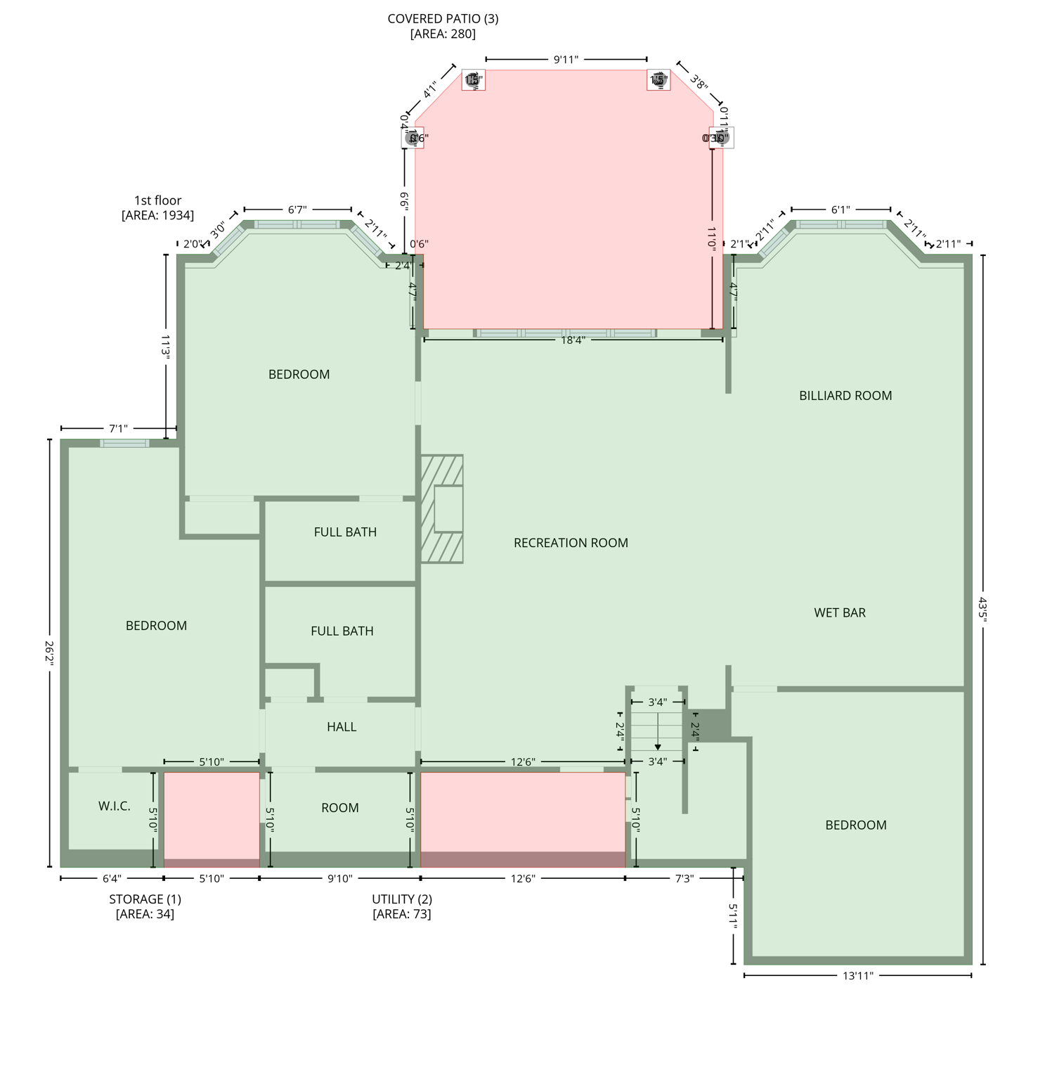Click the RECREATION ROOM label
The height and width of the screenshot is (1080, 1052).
tap(571, 543)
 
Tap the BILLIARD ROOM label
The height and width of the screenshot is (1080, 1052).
tap(845, 396)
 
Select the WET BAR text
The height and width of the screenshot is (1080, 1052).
tap(840, 612)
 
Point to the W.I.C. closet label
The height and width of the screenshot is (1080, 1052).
tap(115, 806)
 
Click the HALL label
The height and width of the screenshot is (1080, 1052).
tap(342, 727)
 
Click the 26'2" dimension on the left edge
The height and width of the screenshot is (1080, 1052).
tap(49, 653)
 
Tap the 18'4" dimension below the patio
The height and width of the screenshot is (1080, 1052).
tap(573, 340)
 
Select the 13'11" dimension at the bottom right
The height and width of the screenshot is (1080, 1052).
tap(857, 975)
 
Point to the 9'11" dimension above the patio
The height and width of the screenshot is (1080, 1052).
tap(566, 60)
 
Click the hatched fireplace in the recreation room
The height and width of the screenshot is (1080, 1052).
tap(442, 508)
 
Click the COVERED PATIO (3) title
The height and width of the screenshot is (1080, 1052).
tap(443, 19)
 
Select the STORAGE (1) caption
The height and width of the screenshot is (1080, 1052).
tap(145, 899)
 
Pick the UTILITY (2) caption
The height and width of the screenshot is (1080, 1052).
tap(402, 899)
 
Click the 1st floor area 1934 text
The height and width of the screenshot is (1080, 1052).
tap(158, 208)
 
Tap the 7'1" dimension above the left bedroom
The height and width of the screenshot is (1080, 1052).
tap(118, 428)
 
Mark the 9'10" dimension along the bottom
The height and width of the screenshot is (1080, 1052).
tap(340, 879)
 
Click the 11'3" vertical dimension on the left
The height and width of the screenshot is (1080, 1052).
tap(166, 347)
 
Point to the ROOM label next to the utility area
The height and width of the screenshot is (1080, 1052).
tap(340, 808)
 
